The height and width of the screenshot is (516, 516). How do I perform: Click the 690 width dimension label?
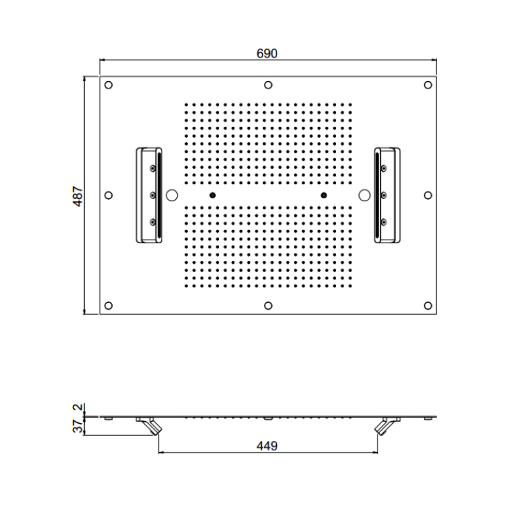pyautogui.click(x=267, y=53)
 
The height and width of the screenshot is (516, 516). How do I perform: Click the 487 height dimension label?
pyautogui.click(x=77, y=197)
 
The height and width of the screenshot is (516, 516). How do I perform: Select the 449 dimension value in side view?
pyautogui.click(x=267, y=446)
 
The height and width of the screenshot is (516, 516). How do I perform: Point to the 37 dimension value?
pyautogui.click(x=77, y=427)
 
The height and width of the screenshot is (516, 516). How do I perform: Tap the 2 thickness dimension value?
pyautogui.click(x=78, y=407)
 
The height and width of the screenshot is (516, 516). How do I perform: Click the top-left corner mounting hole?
pyautogui.click(x=108, y=85)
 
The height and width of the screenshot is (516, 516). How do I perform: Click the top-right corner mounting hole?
pyautogui.click(x=428, y=85)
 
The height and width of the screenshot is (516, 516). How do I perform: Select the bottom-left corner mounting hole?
pyautogui.click(x=108, y=306)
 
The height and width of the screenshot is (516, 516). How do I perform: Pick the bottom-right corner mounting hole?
pyautogui.click(x=428, y=306)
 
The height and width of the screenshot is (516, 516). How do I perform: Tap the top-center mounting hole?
pyautogui.click(x=268, y=85)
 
